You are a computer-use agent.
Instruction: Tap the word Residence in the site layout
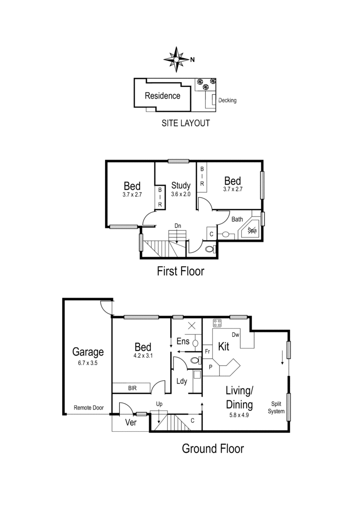point(162,96)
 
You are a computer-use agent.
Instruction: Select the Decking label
point(227,101)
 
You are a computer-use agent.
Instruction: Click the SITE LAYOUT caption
point(186,123)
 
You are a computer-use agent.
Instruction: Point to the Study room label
point(181,185)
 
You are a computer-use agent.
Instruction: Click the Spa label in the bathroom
point(252,231)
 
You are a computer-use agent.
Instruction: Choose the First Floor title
point(181,272)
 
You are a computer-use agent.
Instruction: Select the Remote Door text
point(88,408)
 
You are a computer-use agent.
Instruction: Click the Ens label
point(183,341)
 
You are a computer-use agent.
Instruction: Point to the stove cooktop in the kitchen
point(217,324)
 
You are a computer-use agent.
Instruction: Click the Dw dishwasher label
point(236,334)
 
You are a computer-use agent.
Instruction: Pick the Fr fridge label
point(207,352)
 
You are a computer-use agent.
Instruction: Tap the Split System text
point(278,407)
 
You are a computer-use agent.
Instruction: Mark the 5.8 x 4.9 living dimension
point(240,414)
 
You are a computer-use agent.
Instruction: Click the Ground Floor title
point(213,449)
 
